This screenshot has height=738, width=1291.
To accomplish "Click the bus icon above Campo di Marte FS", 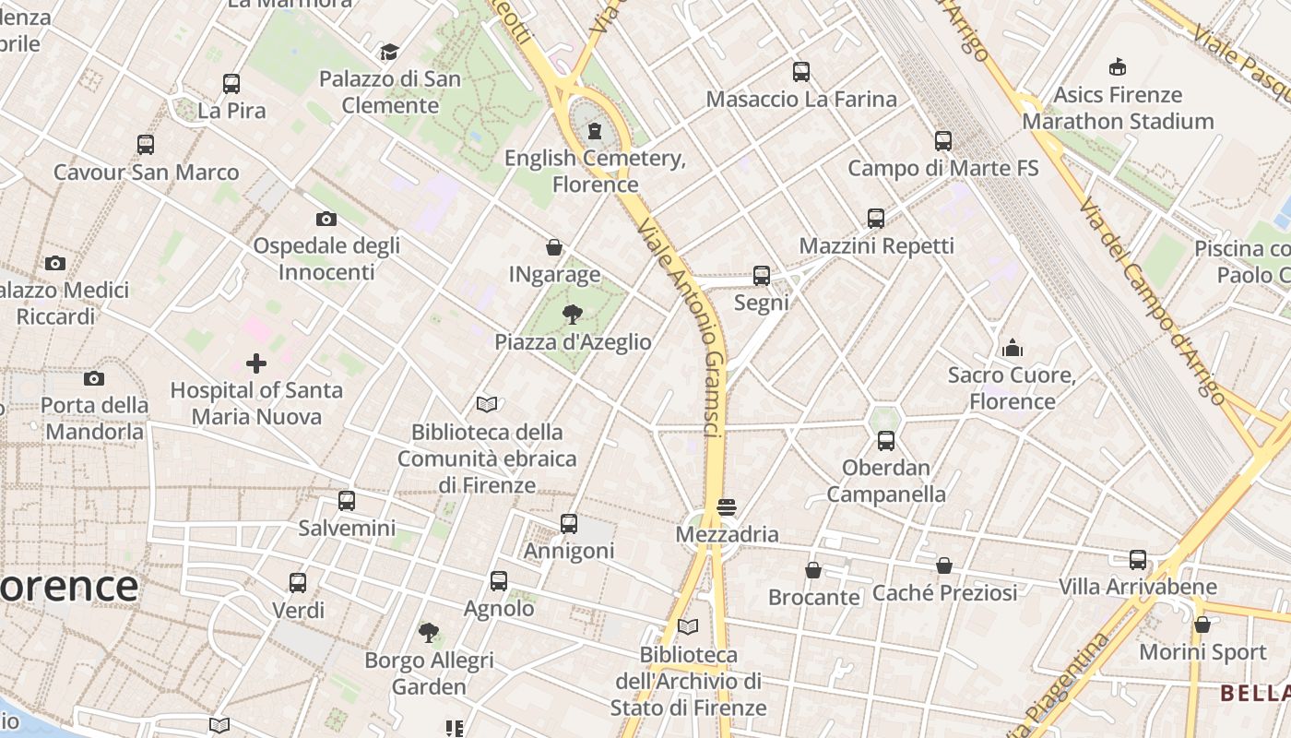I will pos(942,141).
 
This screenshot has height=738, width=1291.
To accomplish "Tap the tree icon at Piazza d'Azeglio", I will pos(572,315).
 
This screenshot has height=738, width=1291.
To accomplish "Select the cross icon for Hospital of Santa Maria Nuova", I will pos(256,363).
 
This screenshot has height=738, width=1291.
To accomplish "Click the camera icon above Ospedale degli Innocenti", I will pos(326,219).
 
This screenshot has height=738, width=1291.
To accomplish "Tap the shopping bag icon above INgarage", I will pos(554,247).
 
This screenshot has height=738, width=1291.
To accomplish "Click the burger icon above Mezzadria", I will pos(727,507).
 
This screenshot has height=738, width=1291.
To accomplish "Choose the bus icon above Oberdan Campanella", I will pos(885,441).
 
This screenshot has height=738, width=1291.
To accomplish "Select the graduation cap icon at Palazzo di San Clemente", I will pos(389,52).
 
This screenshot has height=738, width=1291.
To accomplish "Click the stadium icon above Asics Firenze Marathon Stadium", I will pos(1118,66).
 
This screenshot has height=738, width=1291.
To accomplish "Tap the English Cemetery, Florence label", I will pos(595,172).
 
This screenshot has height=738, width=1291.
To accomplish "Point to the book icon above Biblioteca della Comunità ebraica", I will pos(487,404).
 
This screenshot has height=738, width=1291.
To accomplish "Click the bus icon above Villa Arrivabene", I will pos(1138,560).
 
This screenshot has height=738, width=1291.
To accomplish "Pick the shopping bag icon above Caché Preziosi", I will pos(944,565).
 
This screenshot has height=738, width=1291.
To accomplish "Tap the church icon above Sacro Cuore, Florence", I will pos(1013,348).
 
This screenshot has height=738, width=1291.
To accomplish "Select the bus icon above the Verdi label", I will pos(297,583).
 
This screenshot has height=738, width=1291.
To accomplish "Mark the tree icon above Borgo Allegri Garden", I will pos(429,633).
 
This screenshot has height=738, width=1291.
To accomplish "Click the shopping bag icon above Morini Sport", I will pos(1202,625).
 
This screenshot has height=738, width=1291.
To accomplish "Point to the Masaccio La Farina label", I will pos(801,99).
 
